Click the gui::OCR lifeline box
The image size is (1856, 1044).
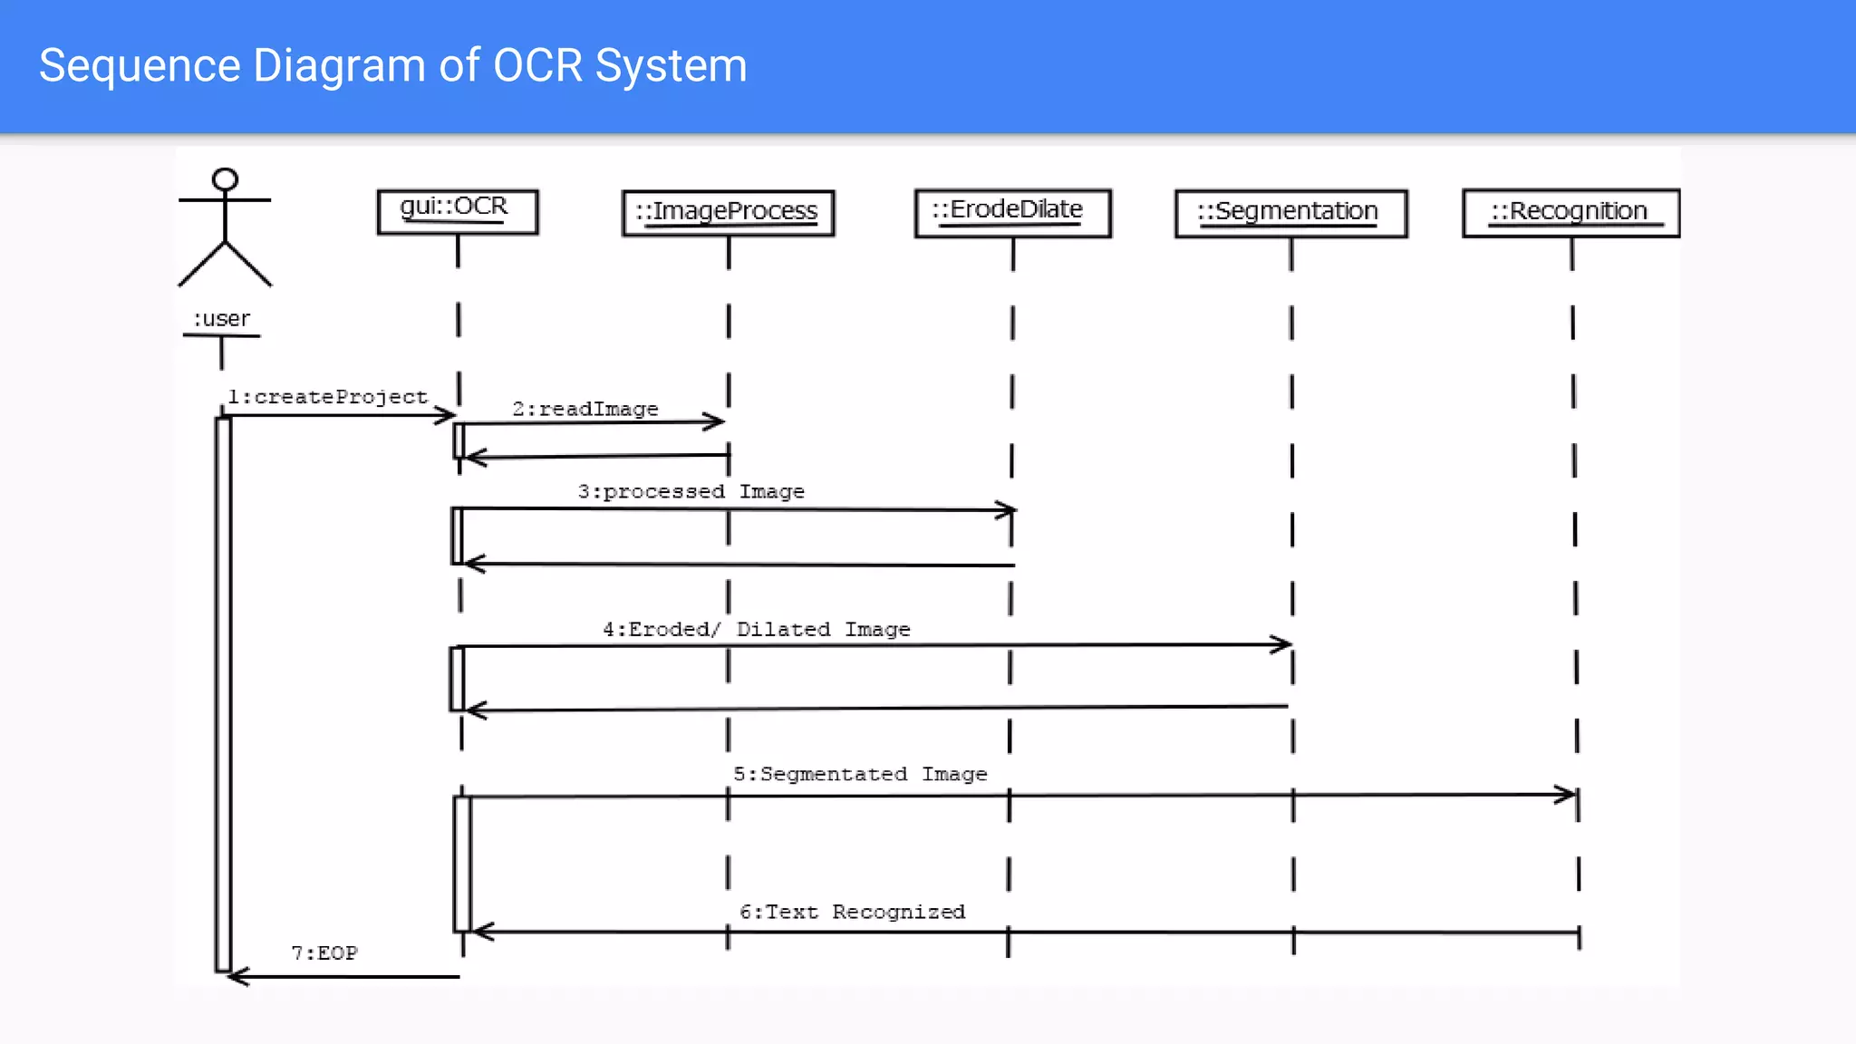[457, 211]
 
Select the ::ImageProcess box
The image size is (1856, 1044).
[728, 213]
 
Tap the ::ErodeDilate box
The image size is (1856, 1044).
[1012, 213]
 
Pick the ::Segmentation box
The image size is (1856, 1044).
[1290, 213]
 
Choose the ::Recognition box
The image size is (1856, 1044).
[1571, 213]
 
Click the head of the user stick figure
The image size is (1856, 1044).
[225, 179]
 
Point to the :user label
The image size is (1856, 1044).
[221, 319]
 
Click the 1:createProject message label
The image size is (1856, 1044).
[327, 397]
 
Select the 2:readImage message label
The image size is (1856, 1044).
[585, 409]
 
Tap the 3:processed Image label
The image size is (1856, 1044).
[691, 491]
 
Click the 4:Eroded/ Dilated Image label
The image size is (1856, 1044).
[756, 629]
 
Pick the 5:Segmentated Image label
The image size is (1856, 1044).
[859, 774]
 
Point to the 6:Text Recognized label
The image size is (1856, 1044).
[852, 912]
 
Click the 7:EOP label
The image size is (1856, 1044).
[324, 953]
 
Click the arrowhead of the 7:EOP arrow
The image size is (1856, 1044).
[236, 976]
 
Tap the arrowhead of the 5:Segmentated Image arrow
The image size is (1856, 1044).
[1568, 795]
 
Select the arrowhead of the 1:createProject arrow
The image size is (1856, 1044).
[447, 415]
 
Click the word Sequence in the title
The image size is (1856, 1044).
[140, 66]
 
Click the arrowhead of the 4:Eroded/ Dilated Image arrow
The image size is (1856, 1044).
[1282, 644]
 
